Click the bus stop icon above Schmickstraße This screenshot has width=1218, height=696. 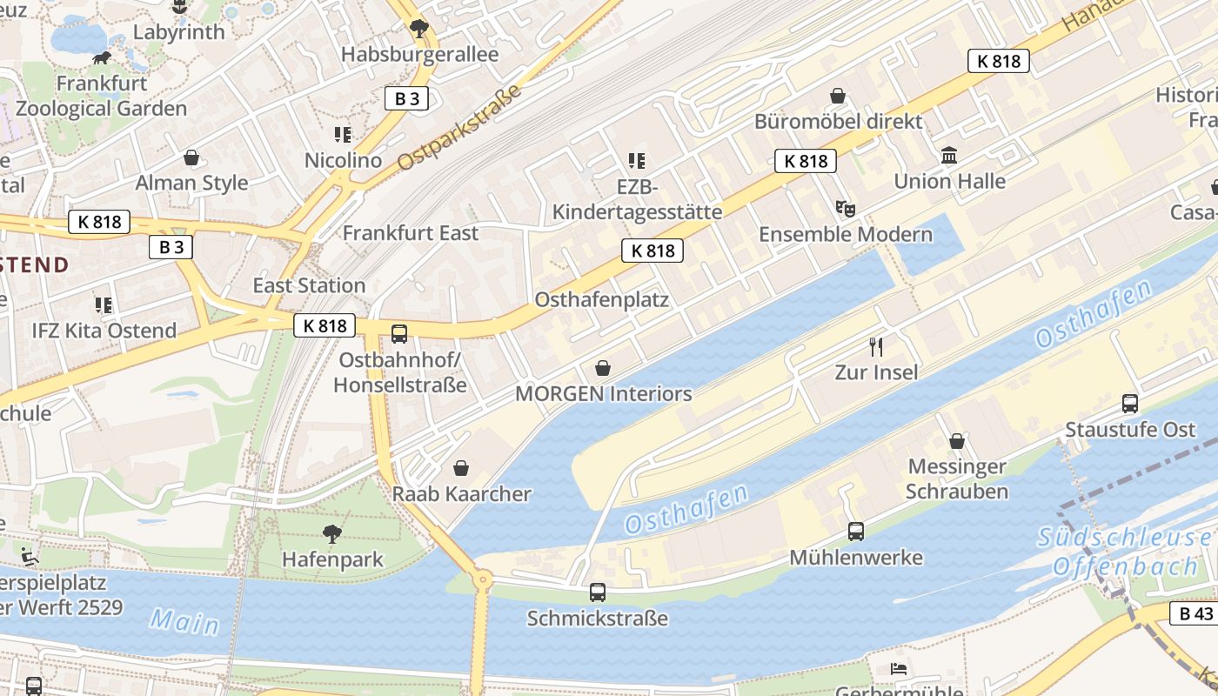tap(598, 592)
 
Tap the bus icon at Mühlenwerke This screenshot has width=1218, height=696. tap(856, 531)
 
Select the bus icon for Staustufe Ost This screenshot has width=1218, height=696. tap(1130, 403)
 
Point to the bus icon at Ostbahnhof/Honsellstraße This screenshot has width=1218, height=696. tap(399, 333)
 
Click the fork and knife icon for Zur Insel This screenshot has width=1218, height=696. tap(876, 347)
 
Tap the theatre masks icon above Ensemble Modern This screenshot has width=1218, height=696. tap(845, 208)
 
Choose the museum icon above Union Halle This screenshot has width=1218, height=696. tap(950, 156)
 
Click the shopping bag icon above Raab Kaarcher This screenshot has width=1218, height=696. tap(461, 468)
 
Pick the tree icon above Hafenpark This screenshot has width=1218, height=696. tap(331, 533)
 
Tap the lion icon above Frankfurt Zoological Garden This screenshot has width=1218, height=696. tap(103, 58)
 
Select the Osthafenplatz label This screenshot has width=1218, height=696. tap(602, 300)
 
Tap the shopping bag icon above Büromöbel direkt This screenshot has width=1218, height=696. tap(838, 95)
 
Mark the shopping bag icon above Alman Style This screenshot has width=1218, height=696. tap(191, 157)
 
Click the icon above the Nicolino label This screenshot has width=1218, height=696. tap(343, 135)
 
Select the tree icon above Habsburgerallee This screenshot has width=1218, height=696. tap(419, 29)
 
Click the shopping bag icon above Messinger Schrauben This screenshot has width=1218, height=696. tap(957, 441)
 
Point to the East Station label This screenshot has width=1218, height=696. tap(309, 285)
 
